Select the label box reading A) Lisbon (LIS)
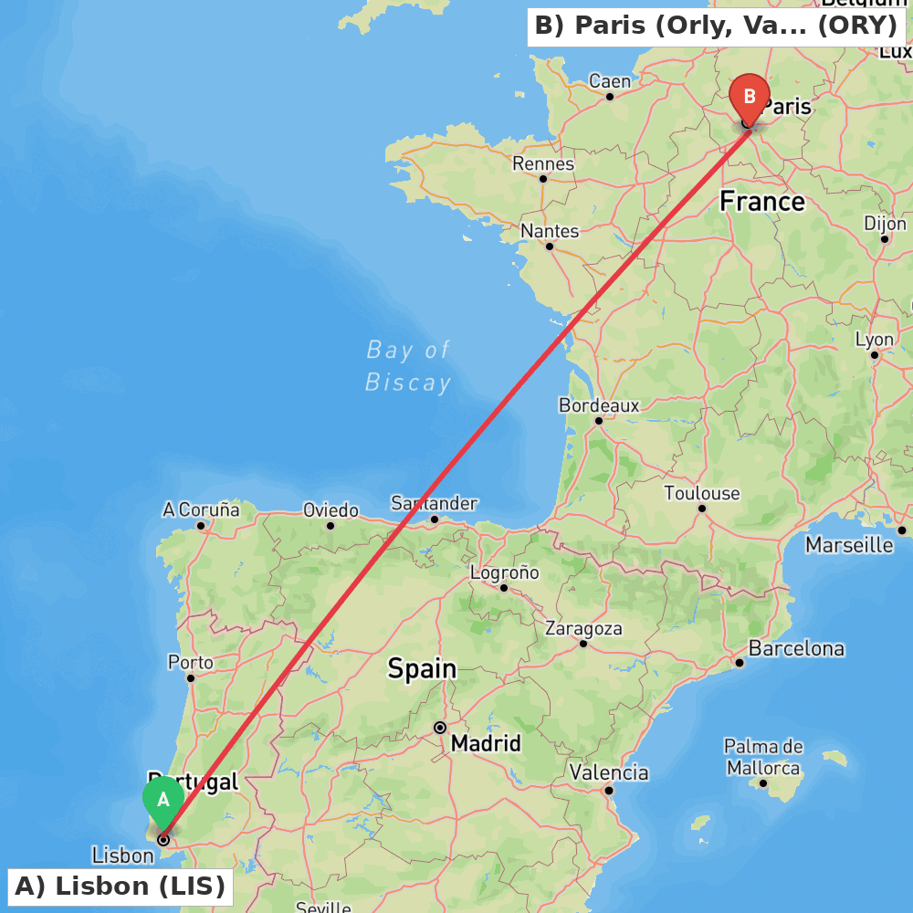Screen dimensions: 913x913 [121, 887]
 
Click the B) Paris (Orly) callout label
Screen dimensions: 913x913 [716, 26]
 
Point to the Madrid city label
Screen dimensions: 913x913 [486, 743]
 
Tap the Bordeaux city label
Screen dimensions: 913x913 [599, 404]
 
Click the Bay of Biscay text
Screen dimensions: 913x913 [408, 365]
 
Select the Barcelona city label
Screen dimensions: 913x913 [796, 649]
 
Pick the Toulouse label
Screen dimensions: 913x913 [701, 493]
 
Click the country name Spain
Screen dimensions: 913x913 [422, 668]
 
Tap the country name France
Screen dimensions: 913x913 [762, 201]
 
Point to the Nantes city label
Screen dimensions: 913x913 [550, 231]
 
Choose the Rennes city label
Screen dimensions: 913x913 [543, 163]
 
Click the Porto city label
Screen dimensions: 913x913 [191, 663]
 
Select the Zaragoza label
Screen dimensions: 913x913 [583, 628]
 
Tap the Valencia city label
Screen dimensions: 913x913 [609, 772]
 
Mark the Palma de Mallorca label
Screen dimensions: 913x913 [764, 758]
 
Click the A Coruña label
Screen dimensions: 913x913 [201, 509]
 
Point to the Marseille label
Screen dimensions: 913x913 [849, 545]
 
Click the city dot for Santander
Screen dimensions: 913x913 [435, 519]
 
